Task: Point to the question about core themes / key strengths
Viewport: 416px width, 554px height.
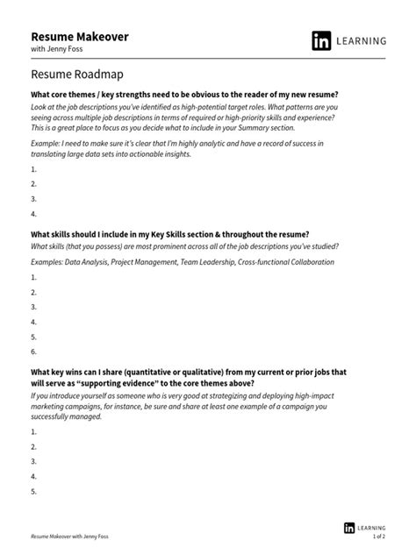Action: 184,94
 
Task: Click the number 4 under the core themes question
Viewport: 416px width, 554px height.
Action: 33,213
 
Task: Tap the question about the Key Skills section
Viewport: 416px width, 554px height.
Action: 170,235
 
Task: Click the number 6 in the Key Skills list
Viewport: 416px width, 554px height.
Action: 33,352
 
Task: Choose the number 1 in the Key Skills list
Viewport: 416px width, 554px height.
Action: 33,277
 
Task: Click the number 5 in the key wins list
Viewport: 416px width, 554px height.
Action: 33,492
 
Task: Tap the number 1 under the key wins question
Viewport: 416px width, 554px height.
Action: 33,432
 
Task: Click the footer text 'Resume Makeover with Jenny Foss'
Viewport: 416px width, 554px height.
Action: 75,534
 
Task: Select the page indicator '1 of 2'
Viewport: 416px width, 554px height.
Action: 379,535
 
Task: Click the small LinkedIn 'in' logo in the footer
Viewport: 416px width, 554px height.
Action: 349,527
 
